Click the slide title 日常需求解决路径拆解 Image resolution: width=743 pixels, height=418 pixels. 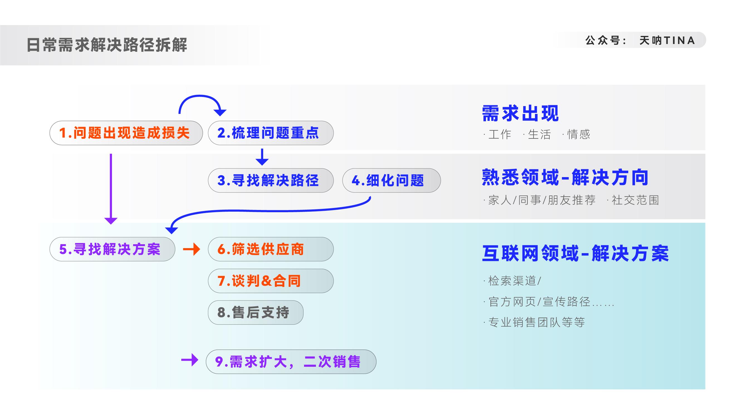click(x=107, y=45)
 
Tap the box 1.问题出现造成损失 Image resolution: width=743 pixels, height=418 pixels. click(x=126, y=133)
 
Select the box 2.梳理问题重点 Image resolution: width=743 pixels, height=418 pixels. click(x=271, y=133)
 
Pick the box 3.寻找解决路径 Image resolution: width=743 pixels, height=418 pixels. click(x=271, y=180)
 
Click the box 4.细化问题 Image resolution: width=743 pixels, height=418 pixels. click(x=391, y=180)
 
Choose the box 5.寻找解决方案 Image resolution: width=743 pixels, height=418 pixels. click(x=112, y=249)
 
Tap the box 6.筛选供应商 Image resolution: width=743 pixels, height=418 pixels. click(x=271, y=249)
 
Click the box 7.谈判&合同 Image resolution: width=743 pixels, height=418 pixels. click(x=271, y=281)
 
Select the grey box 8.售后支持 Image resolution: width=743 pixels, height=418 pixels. click(x=256, y=312)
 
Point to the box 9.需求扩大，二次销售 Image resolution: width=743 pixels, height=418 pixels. click(x=291, y=362)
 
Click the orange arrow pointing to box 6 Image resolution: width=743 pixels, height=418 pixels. click(x=192, y=249)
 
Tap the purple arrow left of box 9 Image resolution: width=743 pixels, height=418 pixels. click(x=190, y=360)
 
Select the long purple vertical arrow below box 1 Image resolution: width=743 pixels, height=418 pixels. click(x=111, y=189)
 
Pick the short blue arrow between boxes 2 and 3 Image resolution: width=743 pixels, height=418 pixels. click(x=262, y=157)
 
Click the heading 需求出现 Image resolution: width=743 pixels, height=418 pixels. click(x=520, y=113)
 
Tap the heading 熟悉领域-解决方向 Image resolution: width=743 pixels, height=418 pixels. click(x=565, y=177)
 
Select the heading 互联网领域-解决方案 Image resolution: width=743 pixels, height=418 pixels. click(x=575, y=254)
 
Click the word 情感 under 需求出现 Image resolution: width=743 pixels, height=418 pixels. click(x=579, y=135)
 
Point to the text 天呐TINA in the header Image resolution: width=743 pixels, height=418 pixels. click(x=667, y=40)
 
